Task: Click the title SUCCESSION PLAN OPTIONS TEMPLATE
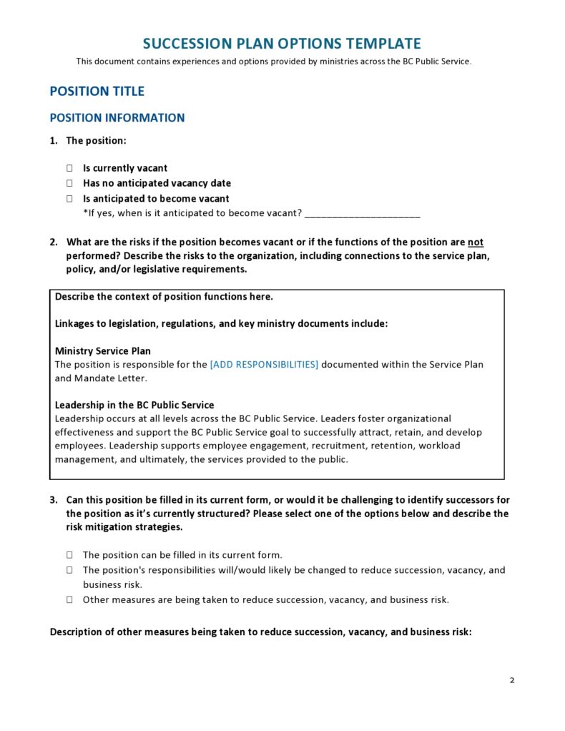(x=282, y=44)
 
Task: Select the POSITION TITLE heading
(x=97, y=91)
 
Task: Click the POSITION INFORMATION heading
(x=117, y=118)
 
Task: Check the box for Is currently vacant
(x=70, y=168)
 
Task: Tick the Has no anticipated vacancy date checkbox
(x=70, y=183)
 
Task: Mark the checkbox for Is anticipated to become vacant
(x=70, y=199)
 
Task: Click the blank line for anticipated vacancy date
(x=362, y=213)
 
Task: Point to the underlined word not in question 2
(x=476, y=242)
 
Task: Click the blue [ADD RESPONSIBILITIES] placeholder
(x=264, y=364)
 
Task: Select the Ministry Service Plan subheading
(x=103, y=351)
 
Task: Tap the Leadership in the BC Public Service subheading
(x=134, y=405)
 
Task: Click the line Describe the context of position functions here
(x=164, y=296)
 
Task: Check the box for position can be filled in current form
(x=70, y=555)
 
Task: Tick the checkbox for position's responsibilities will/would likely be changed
(x=70, y=570)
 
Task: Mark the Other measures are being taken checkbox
(x=70, y=600)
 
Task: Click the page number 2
(x=512, y=680)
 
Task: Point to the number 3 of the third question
(x=53, y=500)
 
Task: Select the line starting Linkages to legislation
(x=221, y=323)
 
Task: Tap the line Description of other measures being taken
(x=260, y=632)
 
